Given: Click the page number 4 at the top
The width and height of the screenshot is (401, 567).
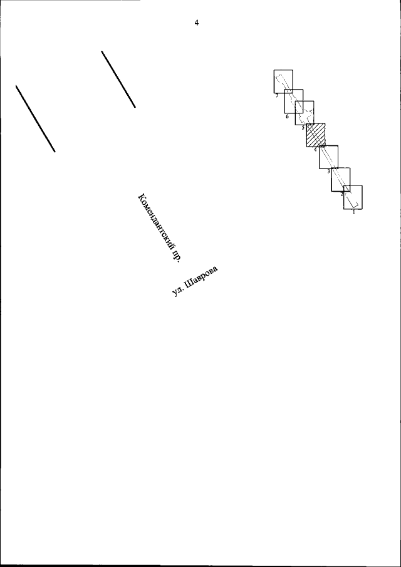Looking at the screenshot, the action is (x=196, y=23).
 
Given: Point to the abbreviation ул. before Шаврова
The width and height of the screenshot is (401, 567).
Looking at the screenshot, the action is (x=177, y=292).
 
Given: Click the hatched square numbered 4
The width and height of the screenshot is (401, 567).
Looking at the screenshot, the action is (x=316, y=135).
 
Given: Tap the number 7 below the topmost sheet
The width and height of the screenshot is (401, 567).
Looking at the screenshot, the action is (x=276, y=96).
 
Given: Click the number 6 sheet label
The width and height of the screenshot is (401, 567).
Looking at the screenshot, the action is (x=287, y=117).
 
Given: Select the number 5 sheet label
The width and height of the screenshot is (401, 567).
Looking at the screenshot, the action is (x=303, y=128).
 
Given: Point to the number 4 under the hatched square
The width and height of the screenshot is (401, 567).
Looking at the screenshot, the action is (x=315, y=149).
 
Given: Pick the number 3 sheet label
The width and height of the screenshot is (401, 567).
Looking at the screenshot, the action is (x=329, y=171).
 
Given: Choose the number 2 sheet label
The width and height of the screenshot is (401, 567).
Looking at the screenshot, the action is (x=341, y=194).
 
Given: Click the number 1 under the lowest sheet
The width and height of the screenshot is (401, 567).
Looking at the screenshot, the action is (x=353, y=212).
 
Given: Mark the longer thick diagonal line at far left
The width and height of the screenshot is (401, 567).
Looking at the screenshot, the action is (x=36, y=118).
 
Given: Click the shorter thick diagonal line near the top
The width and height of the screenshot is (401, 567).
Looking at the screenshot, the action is (x=118, y=79).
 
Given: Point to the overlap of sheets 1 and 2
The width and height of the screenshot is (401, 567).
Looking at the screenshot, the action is (x=346, y=189).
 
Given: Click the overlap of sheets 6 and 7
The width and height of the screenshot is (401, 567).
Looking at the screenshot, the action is (x=289, y=91).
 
